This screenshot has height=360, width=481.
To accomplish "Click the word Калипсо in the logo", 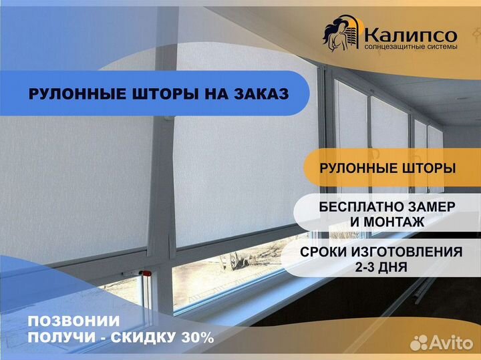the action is pyautogui.click(x=411, y=34).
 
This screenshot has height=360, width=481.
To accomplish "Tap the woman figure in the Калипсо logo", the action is pyautogui.click(x=336, y=35).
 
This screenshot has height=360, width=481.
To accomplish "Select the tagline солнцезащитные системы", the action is pyautogui.click(x=411, y=47).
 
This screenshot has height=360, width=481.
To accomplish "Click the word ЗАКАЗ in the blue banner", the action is pyautogui.click(x=261, y=94).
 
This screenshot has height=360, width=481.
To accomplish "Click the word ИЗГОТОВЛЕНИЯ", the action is pyautogui.click(x=407, y=252).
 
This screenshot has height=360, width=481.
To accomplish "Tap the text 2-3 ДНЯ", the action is pyautogui.click(x=381, y=266).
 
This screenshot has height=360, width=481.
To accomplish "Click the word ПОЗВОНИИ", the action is pyautogui.click(x=73, y=321).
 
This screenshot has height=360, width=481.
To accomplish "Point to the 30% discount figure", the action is pyautogui.click(x=198, y=337).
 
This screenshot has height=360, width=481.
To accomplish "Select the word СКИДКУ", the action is pyautogui.click(x=143, y=337).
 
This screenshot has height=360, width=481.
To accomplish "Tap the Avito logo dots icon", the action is pyautogui.click(x=419, y=342).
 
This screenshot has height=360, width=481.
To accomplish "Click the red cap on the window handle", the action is pyautogui.click(x=146, y=273).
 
